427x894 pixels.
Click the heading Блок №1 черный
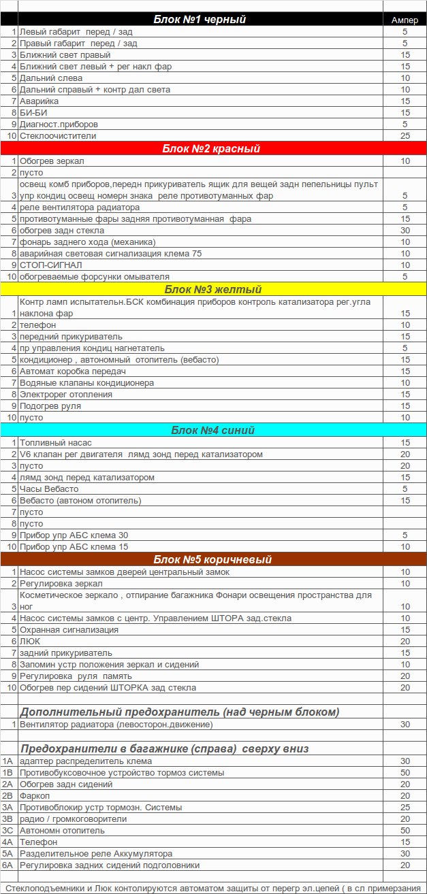pyautogui.click(x=200, y=20)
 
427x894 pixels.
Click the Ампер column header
pyautogui.click(x=405, y=20)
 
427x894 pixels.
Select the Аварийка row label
pyautogui.click(x=39, y=101)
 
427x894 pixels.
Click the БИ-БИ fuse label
pyautogui.click(x=34, y=113)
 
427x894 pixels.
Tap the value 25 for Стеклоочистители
pyautogui.click(x=405, y=136)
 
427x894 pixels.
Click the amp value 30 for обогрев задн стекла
pyautogui.click(x=405, y=231)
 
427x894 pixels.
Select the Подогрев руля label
pyautogui.click(x=51, y=406)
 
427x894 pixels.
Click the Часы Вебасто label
pyautogui.click(x=49, y=489)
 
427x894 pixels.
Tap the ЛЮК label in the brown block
pyautogui.click(x=31, y=642)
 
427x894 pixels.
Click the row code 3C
pyautogui.click(x=7, y=831)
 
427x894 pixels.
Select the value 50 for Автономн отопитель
pyautogui.click(x=405, y=831)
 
